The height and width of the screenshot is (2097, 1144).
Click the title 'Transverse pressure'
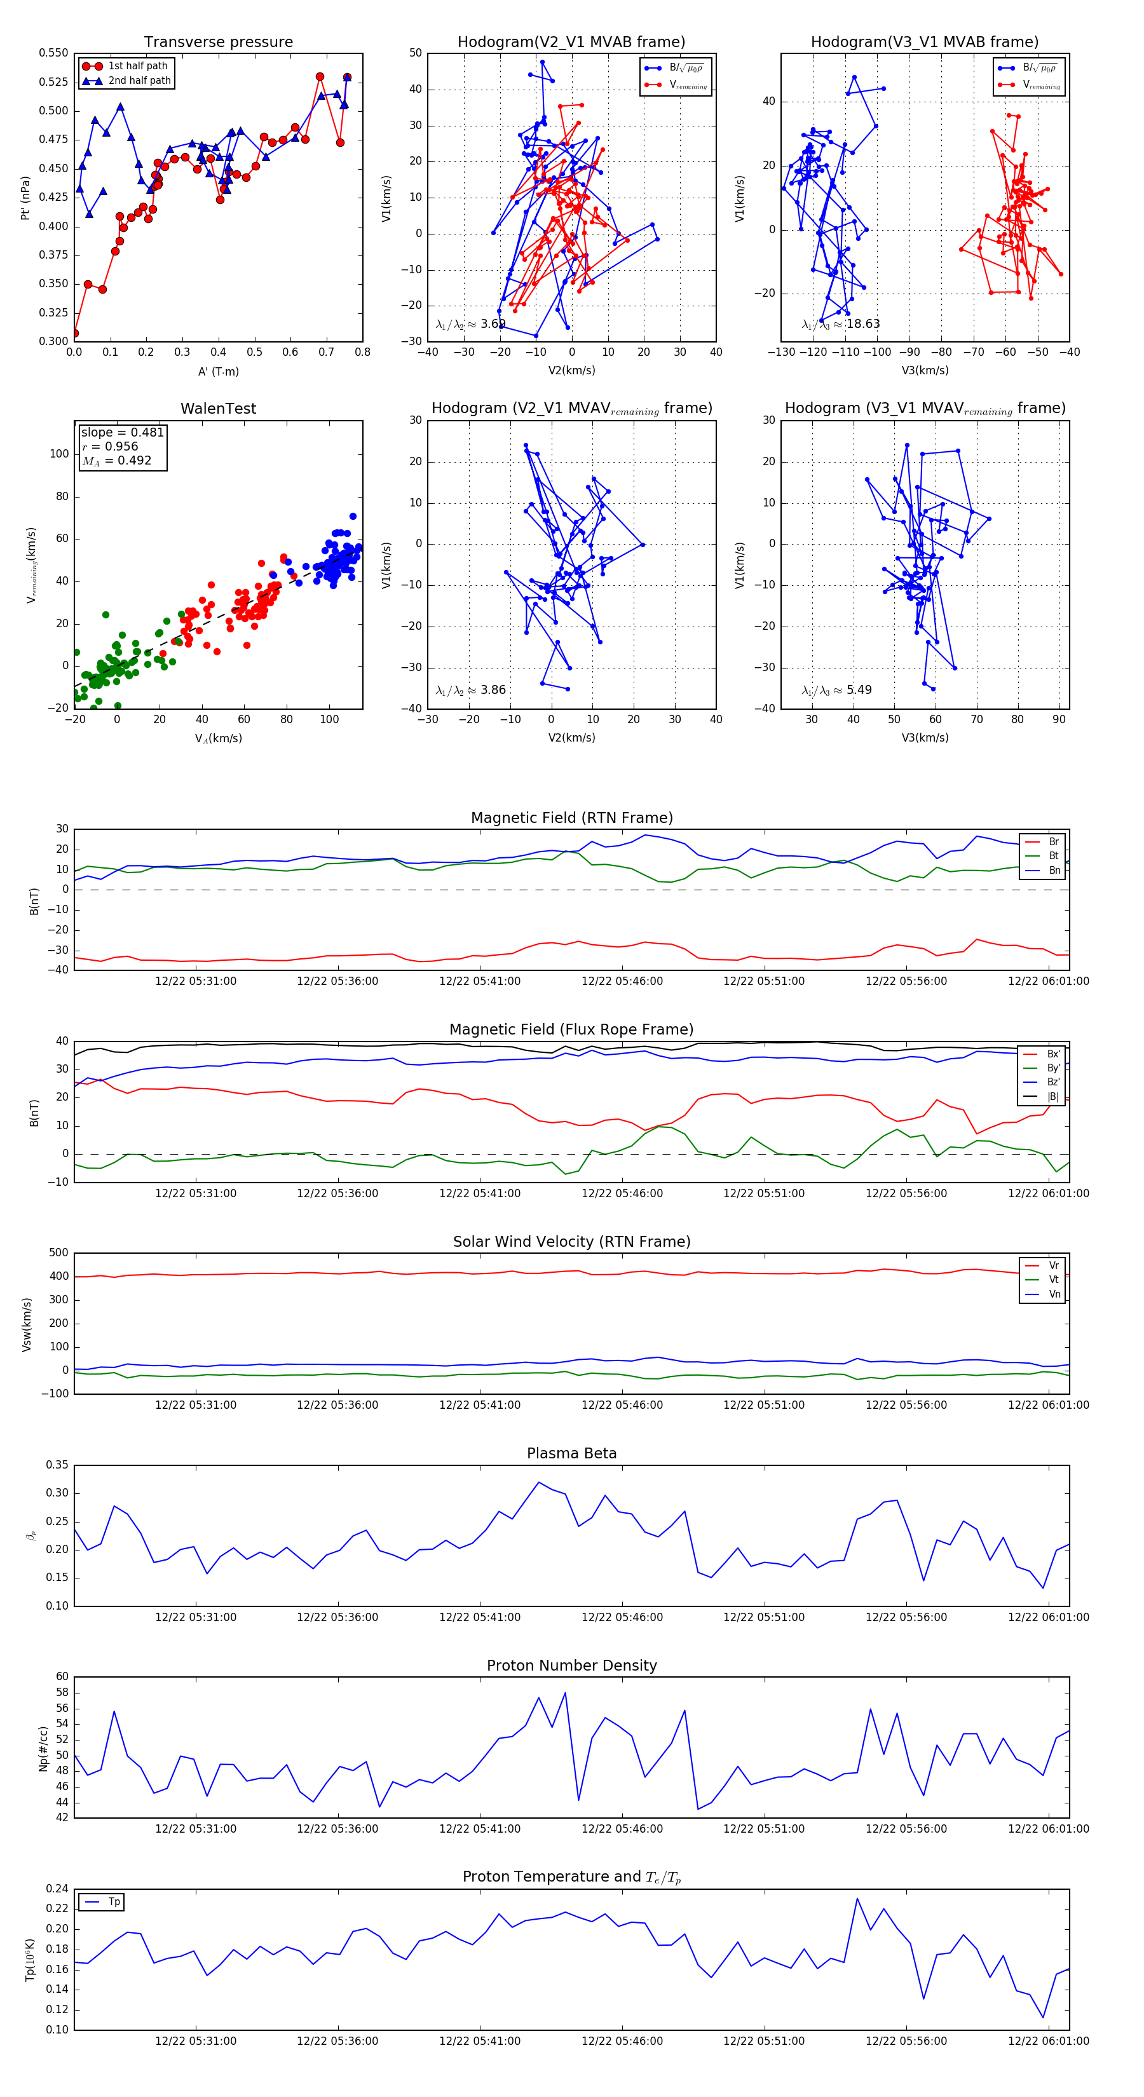[218, 43]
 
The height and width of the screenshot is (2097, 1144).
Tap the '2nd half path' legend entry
[139, 81]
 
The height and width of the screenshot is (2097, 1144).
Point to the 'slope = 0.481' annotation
[122, 432]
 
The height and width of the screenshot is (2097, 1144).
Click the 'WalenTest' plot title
[218, 409]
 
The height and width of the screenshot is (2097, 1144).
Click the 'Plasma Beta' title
[571, 1453]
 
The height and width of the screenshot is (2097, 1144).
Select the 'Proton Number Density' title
[571, 1665]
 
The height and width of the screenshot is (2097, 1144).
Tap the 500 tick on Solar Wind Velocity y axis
[58, 1253]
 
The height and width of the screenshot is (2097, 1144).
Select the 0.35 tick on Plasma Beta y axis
[57, 1465]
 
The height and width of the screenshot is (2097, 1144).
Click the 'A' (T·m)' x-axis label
[218, 371]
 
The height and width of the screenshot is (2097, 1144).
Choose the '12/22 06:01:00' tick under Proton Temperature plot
[1048, 2041]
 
